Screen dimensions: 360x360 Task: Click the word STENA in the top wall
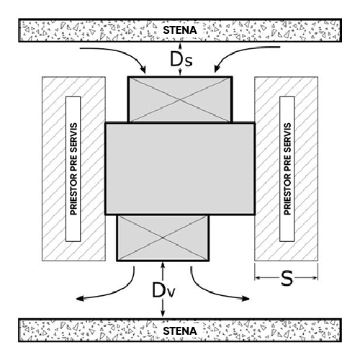[x=180, y=30]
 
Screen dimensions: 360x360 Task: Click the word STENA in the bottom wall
[x=180, y=331]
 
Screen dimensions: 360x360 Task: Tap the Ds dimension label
[x=181, y=59]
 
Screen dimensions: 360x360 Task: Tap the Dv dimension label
[x=163, y=290]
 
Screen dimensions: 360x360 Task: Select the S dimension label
[x=287, y=278]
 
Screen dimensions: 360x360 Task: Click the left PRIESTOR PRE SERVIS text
[x=73, y=169]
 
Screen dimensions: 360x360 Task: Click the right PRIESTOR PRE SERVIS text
[x=287, y=169]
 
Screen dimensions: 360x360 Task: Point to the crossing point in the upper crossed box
[x=180, y=99]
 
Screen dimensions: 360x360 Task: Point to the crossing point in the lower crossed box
[x=163, y=238]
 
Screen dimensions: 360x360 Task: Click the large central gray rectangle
[x=180, y=168]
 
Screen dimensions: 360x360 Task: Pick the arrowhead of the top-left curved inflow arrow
[x=143, y=69]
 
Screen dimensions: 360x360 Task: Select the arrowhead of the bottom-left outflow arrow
[x=80, y=299]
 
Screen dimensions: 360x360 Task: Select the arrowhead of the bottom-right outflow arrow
[x=246, y=299]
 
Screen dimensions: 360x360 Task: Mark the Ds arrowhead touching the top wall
[x=180, y=45]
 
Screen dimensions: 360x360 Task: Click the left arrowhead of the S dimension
[x=258, y=278]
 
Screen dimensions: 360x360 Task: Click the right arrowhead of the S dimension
[x=315, y=278]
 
